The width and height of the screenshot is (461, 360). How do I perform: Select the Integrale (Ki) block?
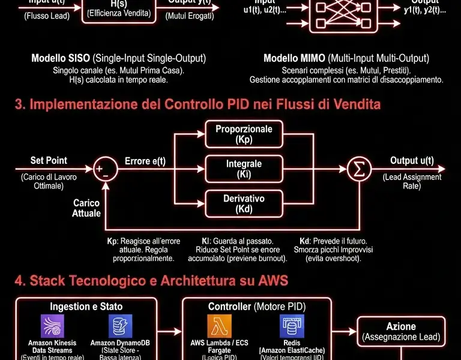coord(244,169)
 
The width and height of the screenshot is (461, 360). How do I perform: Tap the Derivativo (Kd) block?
coord(244,203)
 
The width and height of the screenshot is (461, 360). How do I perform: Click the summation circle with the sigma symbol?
coord(360,169)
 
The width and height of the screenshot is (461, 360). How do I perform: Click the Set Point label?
coord(49,161)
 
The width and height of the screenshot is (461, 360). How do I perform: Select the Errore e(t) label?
coord(145,161)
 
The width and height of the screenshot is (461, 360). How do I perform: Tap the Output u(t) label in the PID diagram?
coord(412,161)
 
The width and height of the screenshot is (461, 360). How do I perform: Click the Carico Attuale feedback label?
coord(86,208)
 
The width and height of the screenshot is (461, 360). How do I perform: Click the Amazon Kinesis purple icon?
coord(52,326)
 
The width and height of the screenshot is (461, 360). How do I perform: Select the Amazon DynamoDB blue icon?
coord(120,326)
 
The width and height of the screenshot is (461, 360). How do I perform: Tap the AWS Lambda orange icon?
coord(219,326)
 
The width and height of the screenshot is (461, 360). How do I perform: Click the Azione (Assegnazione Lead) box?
coord(401,331)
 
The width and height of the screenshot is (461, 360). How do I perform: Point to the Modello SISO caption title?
coord(118,59)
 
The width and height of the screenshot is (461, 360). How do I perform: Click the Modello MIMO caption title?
coord(346,59)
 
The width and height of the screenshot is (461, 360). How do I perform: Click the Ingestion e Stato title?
coord(86,307)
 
